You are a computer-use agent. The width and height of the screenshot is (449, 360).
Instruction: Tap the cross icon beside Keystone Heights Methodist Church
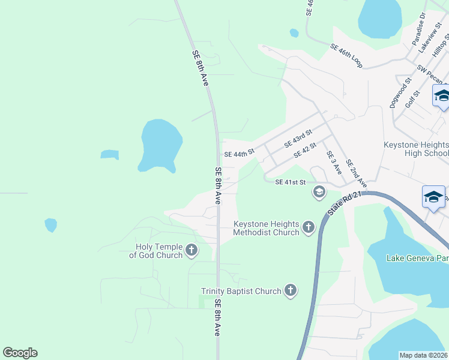[309, 227]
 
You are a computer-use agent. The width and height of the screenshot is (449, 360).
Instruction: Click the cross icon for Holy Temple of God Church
[191, 250]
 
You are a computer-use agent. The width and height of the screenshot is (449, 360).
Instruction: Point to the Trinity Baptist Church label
[241, 291]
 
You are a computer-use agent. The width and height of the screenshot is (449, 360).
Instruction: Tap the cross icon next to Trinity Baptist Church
[290, 291]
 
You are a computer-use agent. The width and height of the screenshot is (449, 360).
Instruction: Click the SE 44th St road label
[240, 154]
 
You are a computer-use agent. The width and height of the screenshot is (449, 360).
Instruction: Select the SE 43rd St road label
[298, 139]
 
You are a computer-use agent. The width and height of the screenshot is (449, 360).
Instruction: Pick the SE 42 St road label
[305, 153]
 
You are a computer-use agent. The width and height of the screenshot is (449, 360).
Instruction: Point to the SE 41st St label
[291, 182]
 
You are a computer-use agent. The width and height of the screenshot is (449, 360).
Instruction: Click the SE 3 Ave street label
[334, 163]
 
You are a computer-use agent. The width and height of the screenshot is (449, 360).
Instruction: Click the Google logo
[20, 353]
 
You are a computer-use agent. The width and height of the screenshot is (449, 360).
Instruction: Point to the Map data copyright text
[423, 355]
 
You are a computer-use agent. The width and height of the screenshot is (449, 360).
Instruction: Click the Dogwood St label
[400, 92]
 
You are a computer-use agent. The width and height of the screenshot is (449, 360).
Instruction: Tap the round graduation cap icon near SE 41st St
[319, 192]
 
